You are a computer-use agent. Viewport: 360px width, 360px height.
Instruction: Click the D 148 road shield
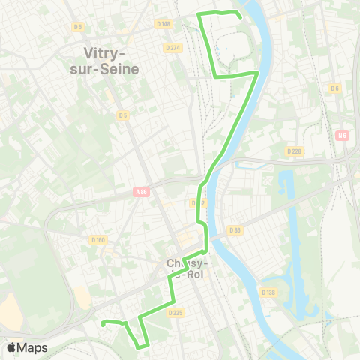[x=164, y=24]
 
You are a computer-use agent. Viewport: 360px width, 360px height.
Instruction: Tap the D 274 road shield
[x=173, y=48]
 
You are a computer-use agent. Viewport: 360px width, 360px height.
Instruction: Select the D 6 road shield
[x=334, y=88]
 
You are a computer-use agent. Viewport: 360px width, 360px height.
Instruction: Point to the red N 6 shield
[x=343, y=136]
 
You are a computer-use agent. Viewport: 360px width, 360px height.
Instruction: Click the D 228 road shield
[x=294, y=151]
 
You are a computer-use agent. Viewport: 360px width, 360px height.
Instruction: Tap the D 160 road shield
[x=97, y=240]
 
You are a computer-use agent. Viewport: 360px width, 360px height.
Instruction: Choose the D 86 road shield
[x=235, y=230]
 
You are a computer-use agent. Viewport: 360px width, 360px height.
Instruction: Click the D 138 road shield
[x=268, y=292]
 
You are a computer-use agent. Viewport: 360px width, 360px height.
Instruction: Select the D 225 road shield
[x=175, y=312]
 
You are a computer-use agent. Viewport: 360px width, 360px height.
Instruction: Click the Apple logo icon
[x=11, y=347]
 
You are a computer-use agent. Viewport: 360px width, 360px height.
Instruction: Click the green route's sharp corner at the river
[x=257, y=73]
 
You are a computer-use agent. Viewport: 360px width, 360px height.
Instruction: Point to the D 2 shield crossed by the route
[x=196, y=202]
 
